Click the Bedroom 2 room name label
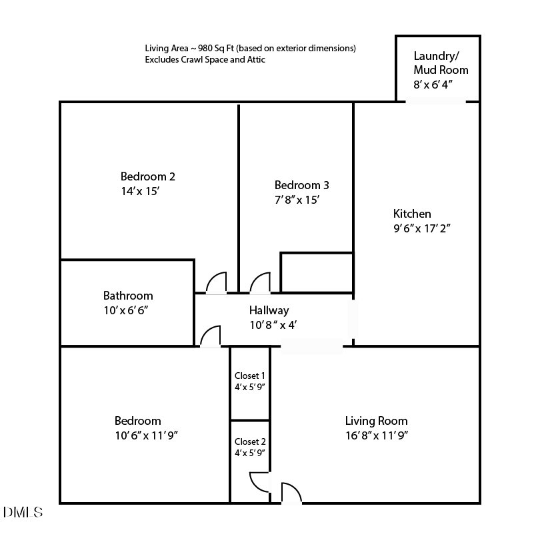click(147, 176)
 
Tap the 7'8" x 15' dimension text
click(301, 200)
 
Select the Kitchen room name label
click(411, 214)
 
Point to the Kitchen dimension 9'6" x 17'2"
click(423, 228)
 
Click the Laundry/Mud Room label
click(440, 63)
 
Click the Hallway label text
click(269, 310)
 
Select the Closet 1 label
click(250, 376)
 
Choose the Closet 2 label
click(250, 441)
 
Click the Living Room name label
click(376, 421)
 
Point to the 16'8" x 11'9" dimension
click(376, 436)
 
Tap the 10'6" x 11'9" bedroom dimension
click(146, 436)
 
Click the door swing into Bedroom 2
click(217, 284)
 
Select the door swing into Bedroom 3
click(260, 284)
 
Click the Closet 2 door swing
click(259, 482)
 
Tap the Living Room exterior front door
click(291, 493)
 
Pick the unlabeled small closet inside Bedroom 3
click(317, 272)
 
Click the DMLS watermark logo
click(23, 512)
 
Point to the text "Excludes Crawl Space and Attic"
click(206, 59)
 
